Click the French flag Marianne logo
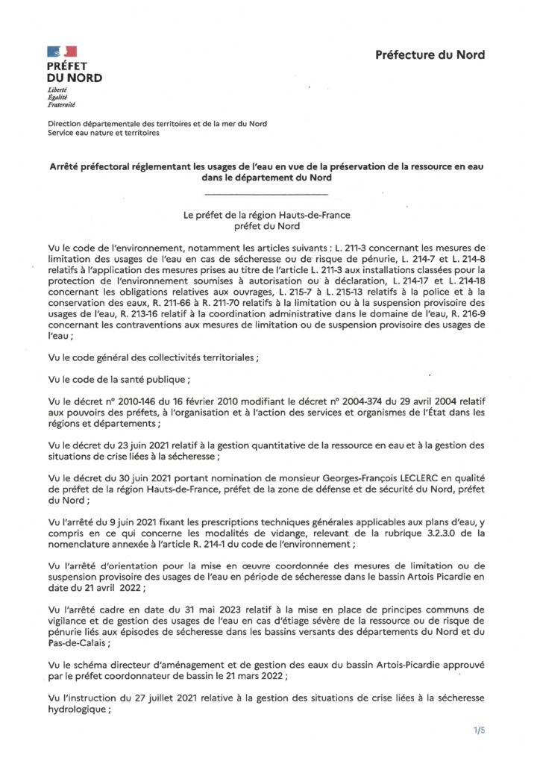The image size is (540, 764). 62,51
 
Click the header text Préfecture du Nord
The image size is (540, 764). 429,54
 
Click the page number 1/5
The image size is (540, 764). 478,730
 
